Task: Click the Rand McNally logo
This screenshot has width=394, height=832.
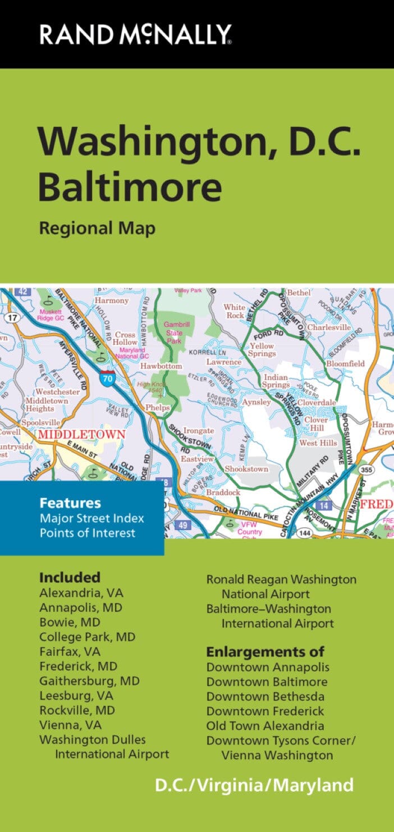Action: coord(135,34)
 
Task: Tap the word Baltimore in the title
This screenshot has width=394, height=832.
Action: coord(130,188)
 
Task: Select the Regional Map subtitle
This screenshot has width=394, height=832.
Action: coord(97,228)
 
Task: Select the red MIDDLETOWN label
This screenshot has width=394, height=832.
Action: coord(81,435)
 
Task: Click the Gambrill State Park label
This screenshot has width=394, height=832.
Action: coord(173,332)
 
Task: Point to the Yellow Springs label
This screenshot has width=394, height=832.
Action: coord(262,350)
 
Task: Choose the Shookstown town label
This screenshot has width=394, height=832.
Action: coord(246,469)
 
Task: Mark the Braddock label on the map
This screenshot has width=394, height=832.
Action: coord(223,492)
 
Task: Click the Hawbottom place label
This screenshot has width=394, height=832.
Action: coord(161,366)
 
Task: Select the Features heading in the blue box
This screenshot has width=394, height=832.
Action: coord(70,503)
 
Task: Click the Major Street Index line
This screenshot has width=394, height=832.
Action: coord(92,518)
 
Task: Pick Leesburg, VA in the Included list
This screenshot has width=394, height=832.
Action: coord(76,696)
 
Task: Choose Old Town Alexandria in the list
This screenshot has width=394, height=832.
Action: coord(265,726)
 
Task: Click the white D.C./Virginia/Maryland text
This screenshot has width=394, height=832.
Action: coord(254,784)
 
